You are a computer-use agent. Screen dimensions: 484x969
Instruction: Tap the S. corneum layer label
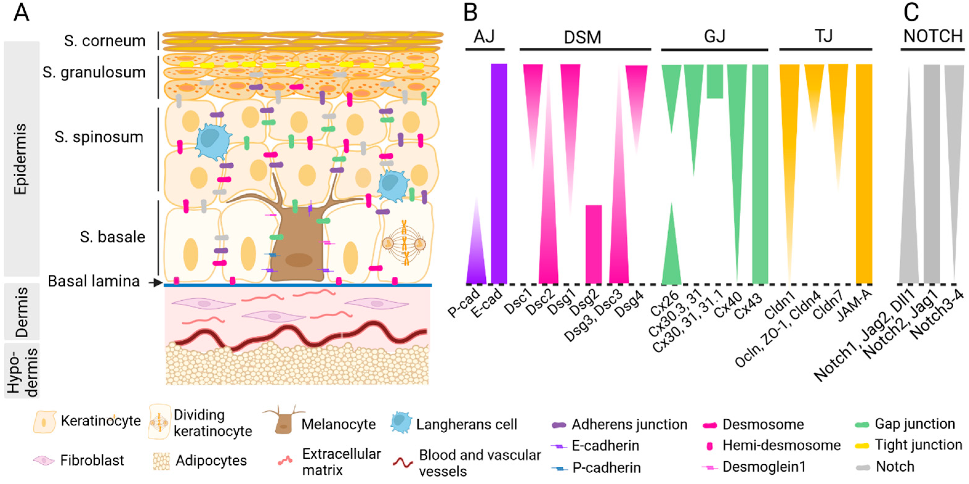coord(105,41)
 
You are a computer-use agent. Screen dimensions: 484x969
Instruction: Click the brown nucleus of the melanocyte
coord(299,260)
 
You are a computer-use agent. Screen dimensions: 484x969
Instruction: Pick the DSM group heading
coord(582,37)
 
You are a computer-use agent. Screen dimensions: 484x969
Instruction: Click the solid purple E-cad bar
coord(499,173)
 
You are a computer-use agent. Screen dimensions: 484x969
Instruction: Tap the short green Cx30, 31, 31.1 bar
coord(715,81)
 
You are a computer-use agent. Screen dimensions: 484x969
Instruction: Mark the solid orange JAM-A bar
coord(864,173)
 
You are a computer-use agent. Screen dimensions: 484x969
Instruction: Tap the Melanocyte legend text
coord(339,425)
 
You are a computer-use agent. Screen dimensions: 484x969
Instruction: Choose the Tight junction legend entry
coord(918,445)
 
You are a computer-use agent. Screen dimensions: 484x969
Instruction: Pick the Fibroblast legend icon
coord(44,460)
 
